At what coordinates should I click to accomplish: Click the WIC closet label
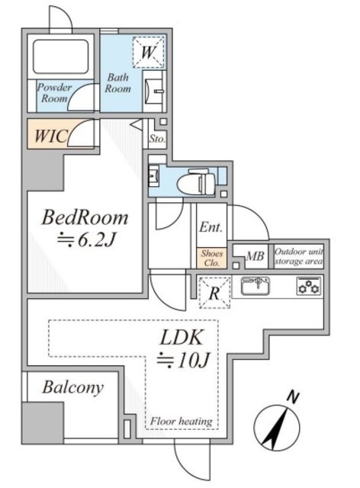pyautogui.click(x=51, y=136)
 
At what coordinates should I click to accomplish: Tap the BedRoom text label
pyautogui.click(x=85, y=217)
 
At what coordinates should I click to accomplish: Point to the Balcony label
pyautogui.click(x=73, y=388)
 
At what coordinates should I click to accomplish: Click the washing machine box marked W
pyautogui.click(x=148, y=52)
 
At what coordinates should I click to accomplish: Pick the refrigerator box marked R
pyautogui.click(x=214, y=293)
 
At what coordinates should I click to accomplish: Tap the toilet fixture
pyautogui.click(x=196, y=182)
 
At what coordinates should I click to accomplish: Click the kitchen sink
pyautogui.click(x=256, y=286)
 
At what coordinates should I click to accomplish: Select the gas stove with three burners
pyautogui.click(x=309, y=286)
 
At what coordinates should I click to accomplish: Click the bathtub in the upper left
pyautogui.click(x=61, y=56)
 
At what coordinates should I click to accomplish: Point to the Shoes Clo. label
pyautogui.click(x=212, y=258)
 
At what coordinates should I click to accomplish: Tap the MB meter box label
pyautogui.click(x=255, y=256)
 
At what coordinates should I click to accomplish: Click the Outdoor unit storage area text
pyautogui.click(x=299, y=256)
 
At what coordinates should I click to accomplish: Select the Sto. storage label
pyautogui.click(x=157, y=139)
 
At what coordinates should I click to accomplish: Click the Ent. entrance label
pyautogui.click(x=211, y=227)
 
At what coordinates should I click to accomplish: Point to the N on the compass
pyautogui.click(x=292, y=396)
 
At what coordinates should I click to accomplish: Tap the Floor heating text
pyautogui.click(x=182, y=422)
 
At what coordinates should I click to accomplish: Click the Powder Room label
pyautogui.click(x=54, y=93)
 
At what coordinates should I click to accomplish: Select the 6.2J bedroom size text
pyautogui.click(x=87, y=240)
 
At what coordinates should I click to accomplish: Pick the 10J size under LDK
pyautogui.click(x=183, y=361)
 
